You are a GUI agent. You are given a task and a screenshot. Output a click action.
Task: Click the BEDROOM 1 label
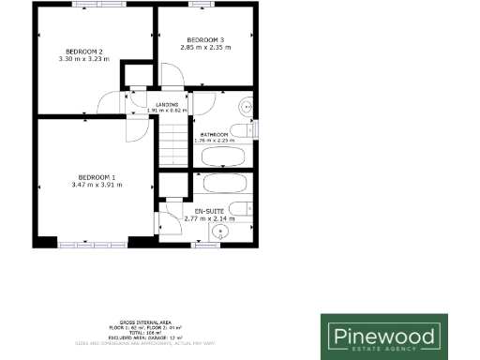click(x=96, y=177)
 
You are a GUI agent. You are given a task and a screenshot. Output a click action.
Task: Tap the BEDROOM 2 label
click(x=83, y=51)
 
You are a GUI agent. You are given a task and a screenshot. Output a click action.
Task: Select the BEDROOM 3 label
click(x=205, y=38)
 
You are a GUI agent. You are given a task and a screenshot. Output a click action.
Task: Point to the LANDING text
click(x=168, y=104)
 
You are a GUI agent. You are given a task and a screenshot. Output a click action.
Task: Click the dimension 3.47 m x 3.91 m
click(x=96, y=186)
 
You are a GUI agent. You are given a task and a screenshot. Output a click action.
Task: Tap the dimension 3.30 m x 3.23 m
click(x=83, y=59)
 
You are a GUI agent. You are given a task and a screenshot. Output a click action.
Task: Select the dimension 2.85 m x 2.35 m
click(x=205, y=47)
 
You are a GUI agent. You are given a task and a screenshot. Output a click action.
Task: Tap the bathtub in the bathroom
click(x=223, y=156)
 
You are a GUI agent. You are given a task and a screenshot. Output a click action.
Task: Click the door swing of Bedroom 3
click(x=172, y=76)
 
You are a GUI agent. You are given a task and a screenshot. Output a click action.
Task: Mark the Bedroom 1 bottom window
click(x=92, y=246)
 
